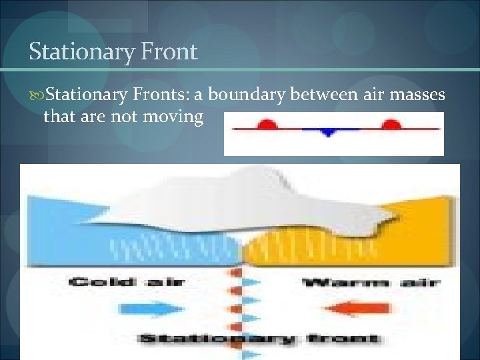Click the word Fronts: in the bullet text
[x=165, y=96]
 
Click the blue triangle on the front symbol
[x=327, y=132]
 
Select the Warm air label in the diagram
[x=371, y=283]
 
